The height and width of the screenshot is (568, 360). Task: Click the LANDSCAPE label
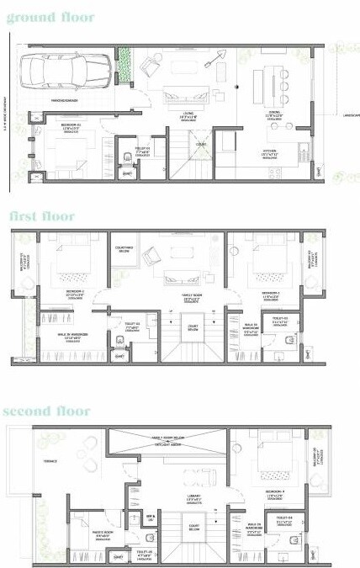click(x=347, y=115)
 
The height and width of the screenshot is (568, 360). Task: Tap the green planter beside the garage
click(x=125, y=67)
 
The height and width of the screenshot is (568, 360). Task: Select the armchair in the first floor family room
click(x=151, y=256)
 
